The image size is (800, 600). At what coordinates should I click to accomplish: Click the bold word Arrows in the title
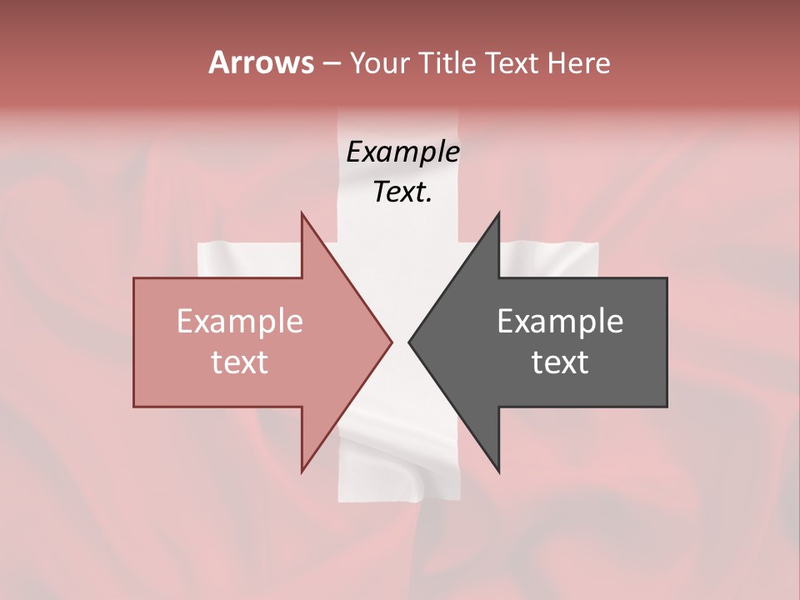click(262, 62)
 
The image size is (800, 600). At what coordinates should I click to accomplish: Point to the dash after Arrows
click(332, 63)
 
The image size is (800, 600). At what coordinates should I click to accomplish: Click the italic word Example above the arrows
click(403, 152)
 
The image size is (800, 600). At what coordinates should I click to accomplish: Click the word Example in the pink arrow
click(240, 321)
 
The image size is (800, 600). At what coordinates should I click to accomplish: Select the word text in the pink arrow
click(240, 362)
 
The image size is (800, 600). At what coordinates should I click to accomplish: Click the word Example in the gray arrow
click(560, 321)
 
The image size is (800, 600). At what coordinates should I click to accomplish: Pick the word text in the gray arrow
click(560, 362)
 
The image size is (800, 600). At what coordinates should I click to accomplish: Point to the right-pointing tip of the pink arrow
click(392, 342)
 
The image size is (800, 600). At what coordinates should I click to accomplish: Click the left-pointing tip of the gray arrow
click(409, 342)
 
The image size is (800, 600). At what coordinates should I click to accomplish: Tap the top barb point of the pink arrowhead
click(302, 214)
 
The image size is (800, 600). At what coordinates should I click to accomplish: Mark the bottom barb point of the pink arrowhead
click(302, 472)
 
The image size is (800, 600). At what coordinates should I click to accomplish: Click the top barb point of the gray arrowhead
click(498, 214)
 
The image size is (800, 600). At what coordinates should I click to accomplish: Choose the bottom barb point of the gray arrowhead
click(498, 472)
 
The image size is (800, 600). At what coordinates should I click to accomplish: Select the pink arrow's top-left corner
click(135, 279)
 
